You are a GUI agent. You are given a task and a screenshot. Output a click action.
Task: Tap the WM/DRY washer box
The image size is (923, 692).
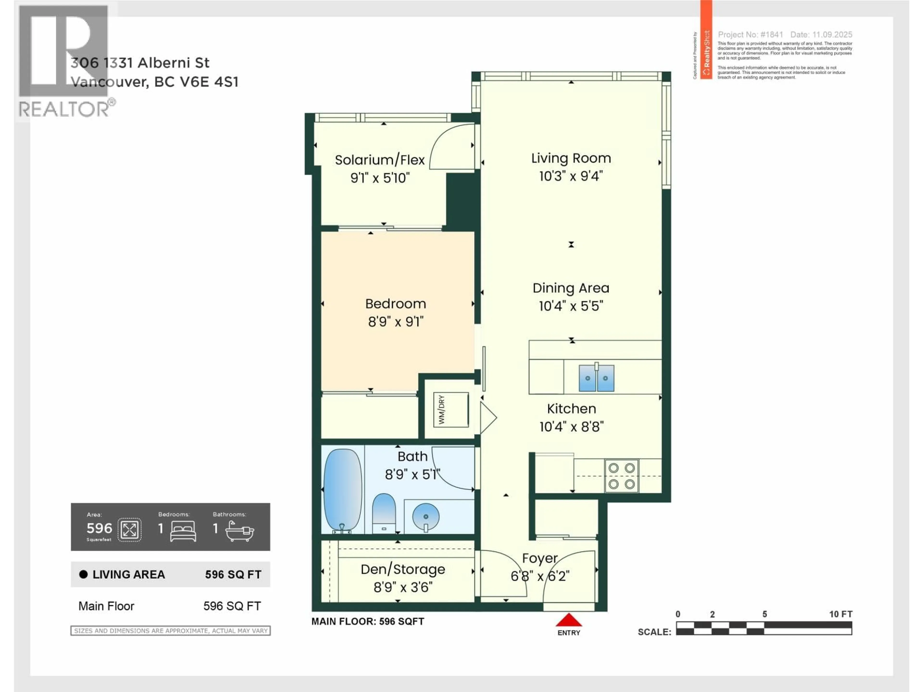coord(451,410)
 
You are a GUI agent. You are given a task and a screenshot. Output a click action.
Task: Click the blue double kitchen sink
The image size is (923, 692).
coord(596,378)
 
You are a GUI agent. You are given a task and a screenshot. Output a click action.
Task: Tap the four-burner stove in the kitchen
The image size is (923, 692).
coord(621,476)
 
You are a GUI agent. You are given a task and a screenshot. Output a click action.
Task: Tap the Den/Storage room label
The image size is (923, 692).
coord(403,569)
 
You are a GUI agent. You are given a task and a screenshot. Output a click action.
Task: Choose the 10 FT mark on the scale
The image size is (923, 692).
coord(840,614)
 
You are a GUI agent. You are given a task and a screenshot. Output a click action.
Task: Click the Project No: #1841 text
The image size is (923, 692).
coord(750,35)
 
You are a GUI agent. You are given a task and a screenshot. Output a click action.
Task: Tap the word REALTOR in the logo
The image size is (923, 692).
coord(63,109)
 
